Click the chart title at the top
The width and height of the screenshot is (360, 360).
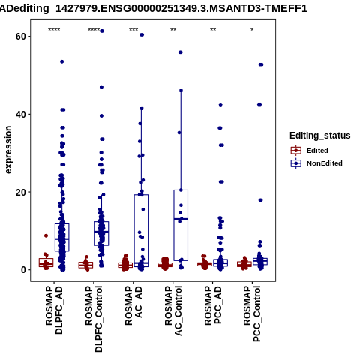[x=154, y=9]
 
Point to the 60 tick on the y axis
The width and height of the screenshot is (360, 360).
[x=21, y=37]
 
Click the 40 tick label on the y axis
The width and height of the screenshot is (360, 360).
[x=21, y=115]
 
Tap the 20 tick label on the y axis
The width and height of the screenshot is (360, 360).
[x=21, y=192]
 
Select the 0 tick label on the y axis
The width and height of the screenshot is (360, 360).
[x=24, y=270]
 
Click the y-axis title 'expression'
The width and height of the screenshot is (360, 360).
[x=8, y=150]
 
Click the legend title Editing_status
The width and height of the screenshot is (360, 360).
[x=320, y=136]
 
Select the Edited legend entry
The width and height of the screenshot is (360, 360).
[x=309, y=151]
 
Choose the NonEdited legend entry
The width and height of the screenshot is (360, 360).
[x=316, y=163]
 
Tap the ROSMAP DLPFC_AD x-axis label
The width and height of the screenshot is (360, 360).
[x=54, y=310]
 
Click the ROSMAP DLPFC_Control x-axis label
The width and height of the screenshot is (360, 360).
[x=94, y=319]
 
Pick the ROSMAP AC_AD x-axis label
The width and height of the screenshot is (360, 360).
[x=133, y=305]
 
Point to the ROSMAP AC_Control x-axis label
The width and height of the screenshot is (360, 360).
[x=173, y=310]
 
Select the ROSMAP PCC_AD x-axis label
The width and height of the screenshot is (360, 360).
[x=213, y=305]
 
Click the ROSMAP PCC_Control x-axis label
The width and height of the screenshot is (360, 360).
[x=252, y=313]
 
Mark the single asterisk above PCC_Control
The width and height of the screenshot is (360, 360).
[x=252, y=30]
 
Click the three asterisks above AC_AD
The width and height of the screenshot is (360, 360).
[x=133, y=30]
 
